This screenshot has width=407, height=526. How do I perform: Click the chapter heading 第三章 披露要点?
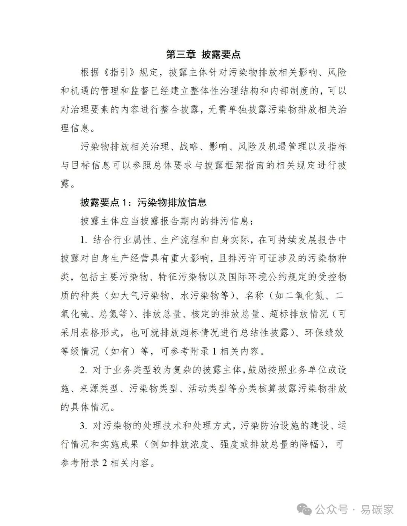(x=203, y=54)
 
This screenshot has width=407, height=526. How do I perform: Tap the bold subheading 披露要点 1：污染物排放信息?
(x=144, y=203)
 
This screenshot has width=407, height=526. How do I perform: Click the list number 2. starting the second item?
(x=84, y=370)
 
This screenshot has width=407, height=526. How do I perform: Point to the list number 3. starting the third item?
(x=84, y=426)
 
